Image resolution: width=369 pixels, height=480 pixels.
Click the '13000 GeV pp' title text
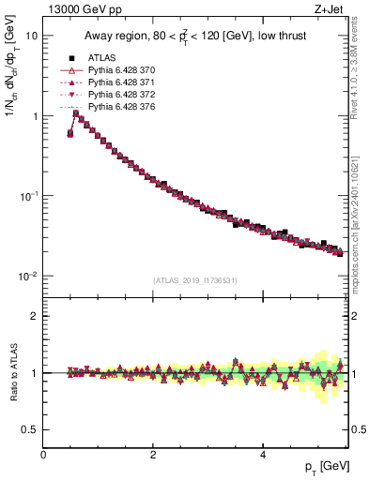point(76,9)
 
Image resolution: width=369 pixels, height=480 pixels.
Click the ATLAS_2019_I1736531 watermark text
point(194,280)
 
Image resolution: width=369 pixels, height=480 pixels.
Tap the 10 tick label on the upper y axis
point(32,36)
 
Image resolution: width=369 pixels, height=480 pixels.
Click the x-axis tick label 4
point(262,456)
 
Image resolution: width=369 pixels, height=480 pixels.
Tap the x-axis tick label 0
point(44,456)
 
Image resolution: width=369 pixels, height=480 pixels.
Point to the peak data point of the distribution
point(76,114)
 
